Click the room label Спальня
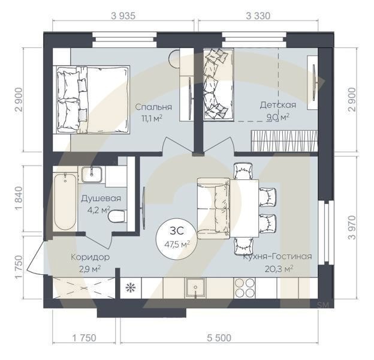pos(153,107)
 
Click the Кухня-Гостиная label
pos(277,257)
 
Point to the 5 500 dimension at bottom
pos(219,338)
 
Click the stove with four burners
pos(245,288)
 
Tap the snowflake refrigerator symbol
pos(129,287)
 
